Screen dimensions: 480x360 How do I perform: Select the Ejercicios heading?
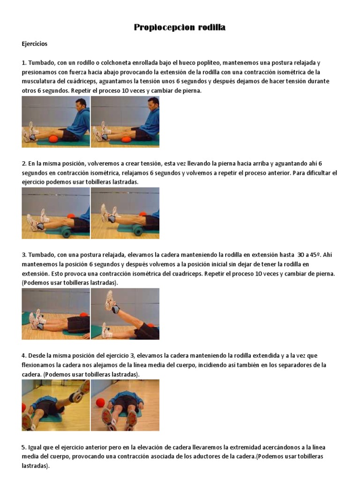(35, 44)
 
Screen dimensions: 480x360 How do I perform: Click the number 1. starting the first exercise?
(24, 63)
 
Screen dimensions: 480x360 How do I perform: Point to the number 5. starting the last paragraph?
(24, 447)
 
